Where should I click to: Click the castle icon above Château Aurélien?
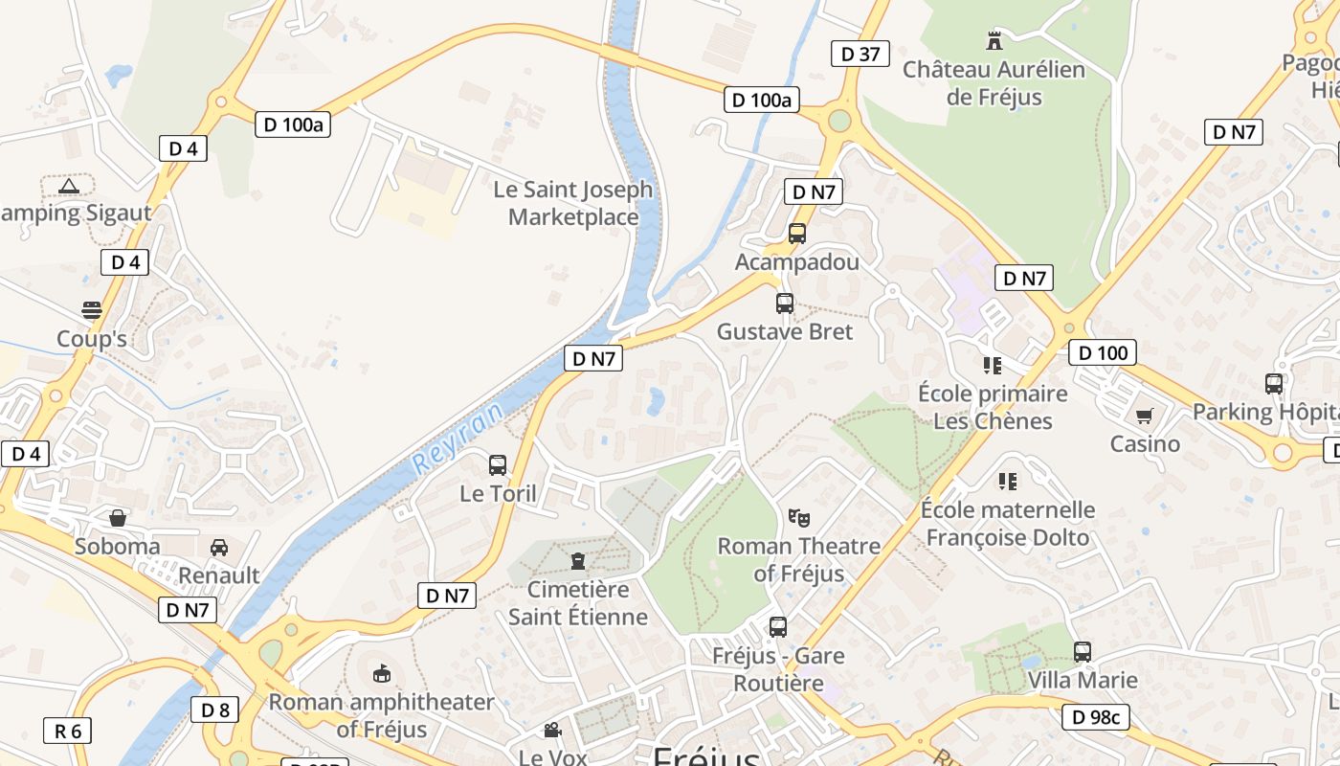pos(994,40)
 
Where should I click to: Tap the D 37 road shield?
pos(860,54)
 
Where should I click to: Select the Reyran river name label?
pos(458,439)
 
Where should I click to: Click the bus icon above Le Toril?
pos(498,465)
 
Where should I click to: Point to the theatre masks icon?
pos(799,518)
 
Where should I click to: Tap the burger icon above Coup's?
pos(92,310)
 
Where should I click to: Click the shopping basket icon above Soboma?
pos(118,518)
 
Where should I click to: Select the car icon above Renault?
pos(219,548)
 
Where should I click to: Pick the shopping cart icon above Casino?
pos(1144,417)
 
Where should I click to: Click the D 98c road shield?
pos(1096,716)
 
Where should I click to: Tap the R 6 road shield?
pos(68,732)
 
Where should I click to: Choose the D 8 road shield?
pos(215,710)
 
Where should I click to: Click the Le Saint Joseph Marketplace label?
pos(573,203)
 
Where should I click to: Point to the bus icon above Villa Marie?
pos(1083,652)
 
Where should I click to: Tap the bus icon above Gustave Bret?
pos(785,304)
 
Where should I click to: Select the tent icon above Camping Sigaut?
pos(68,186)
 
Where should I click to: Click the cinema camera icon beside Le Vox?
pos(552,731)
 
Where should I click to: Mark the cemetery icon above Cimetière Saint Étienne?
pos(577,560)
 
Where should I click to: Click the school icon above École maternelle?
pos(1007,481)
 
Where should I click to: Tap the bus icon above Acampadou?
pos(797,233)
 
